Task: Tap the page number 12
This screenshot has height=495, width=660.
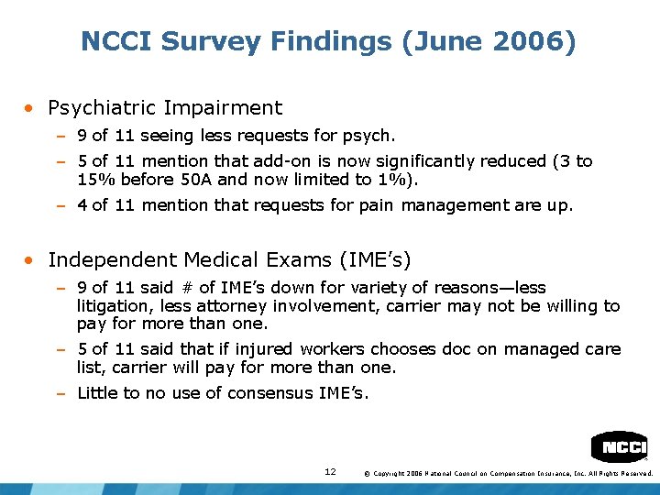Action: pyautogui.click(x=330, y=471)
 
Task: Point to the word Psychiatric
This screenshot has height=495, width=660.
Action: pyautogui.click(x=103, y=108)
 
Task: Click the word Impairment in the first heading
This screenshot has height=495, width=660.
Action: pyautogui.click(x=223, y=108)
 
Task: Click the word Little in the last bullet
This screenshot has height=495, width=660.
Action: pyautogui.click(x=98, y=393)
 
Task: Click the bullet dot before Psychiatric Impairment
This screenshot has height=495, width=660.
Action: pyautogui.click(x=31, y=108)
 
